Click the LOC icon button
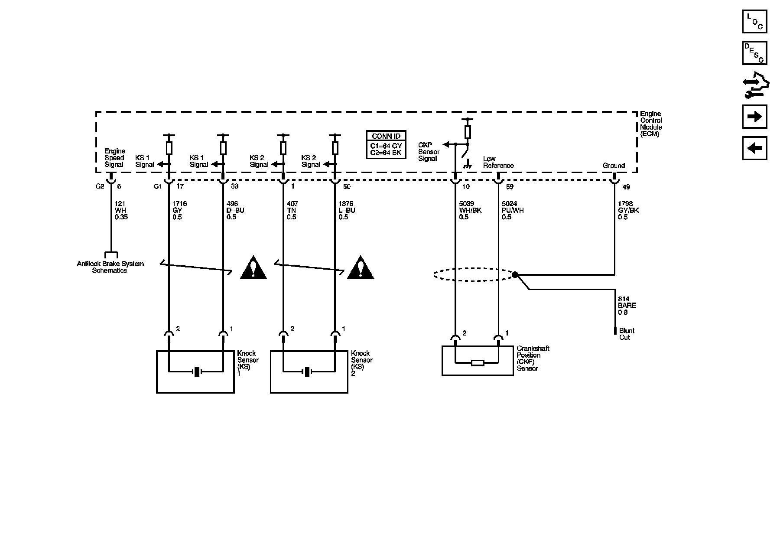click(754, 21)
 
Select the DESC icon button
click(754, 53)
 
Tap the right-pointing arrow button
click(754, 117)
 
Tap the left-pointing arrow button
click(754, 148)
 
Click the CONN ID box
click(386, 144)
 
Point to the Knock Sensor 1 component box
click(195, 372)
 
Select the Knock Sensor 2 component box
click(309, 372)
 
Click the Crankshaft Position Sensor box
click(477, 360)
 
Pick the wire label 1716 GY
click(179, 210)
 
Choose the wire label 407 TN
click(292, 210)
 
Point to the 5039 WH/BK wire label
click(470, 210)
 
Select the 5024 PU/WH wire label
click(513, 210)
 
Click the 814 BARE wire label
click(627, 306)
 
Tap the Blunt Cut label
click(627, 334)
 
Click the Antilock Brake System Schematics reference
click(110, 267)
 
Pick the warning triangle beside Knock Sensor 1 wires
click(253, 268)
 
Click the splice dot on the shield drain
click(515, 274)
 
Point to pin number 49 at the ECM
click(626, 187)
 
